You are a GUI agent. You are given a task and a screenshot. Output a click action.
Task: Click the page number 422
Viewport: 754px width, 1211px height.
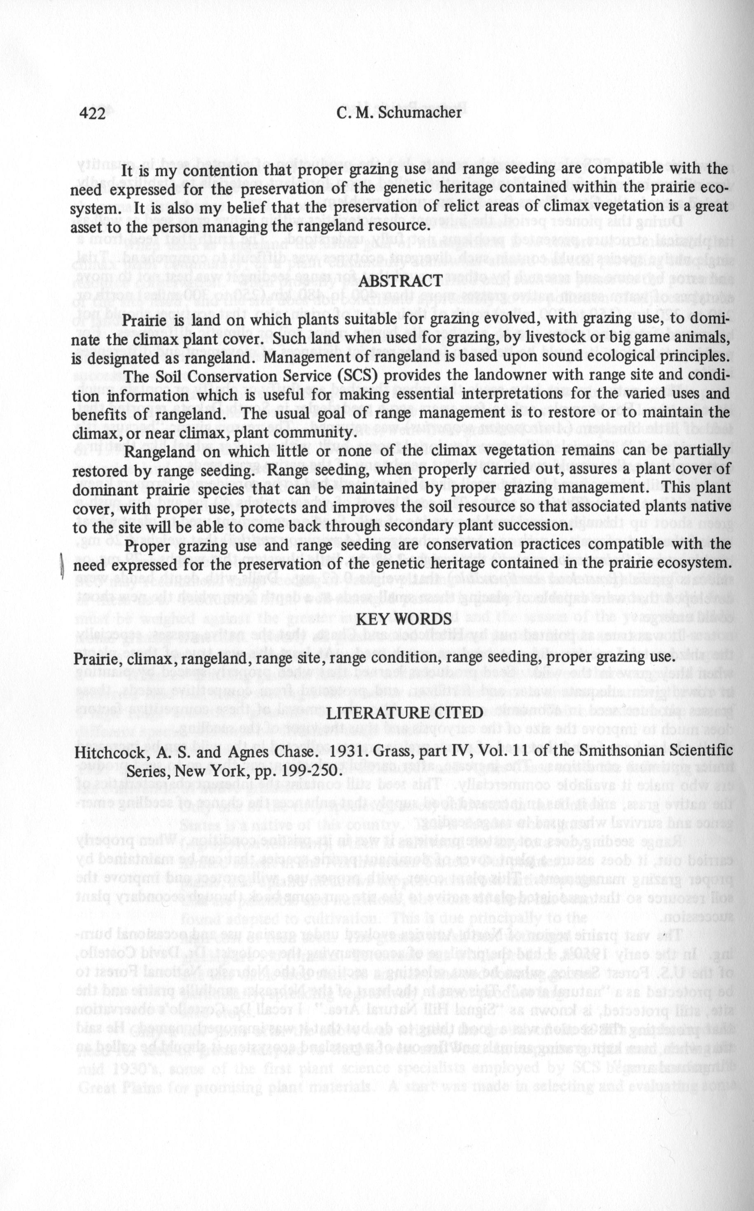click(x=92, y=114)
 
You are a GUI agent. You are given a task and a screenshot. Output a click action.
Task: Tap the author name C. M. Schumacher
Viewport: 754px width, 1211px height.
click(x=399, y=113)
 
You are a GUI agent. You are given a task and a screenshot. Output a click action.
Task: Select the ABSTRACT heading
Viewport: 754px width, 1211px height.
click(x=400, y=281)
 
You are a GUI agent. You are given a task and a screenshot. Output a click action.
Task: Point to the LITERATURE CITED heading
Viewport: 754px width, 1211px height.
click(x=404, y=712)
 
